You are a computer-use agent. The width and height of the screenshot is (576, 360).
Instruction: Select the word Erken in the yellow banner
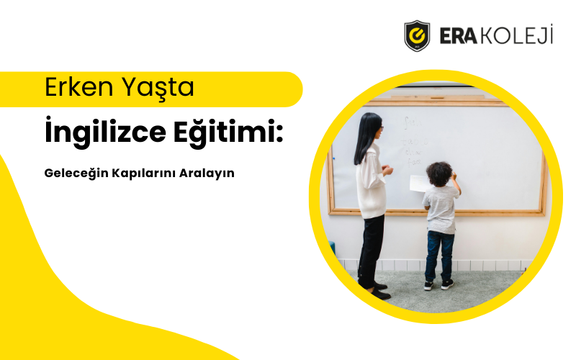click(74, 88)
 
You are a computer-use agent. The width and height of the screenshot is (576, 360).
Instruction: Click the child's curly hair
click(438, 173)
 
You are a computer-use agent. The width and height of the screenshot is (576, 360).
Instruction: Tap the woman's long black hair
click(367, 137)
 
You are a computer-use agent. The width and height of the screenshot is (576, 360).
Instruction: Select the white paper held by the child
click(420, 184)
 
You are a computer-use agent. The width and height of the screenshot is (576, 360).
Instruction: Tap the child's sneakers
click(438, 284)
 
